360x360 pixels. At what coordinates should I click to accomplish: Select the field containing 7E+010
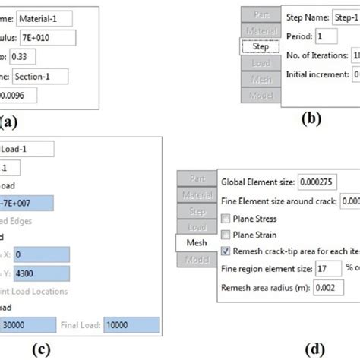(x=46, y=36)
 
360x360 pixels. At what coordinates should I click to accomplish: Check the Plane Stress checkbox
(x=226, y=219)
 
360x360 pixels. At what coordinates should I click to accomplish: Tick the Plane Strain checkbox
(x=226, y=235)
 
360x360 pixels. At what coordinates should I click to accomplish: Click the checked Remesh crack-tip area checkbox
(x=226, y=251)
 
